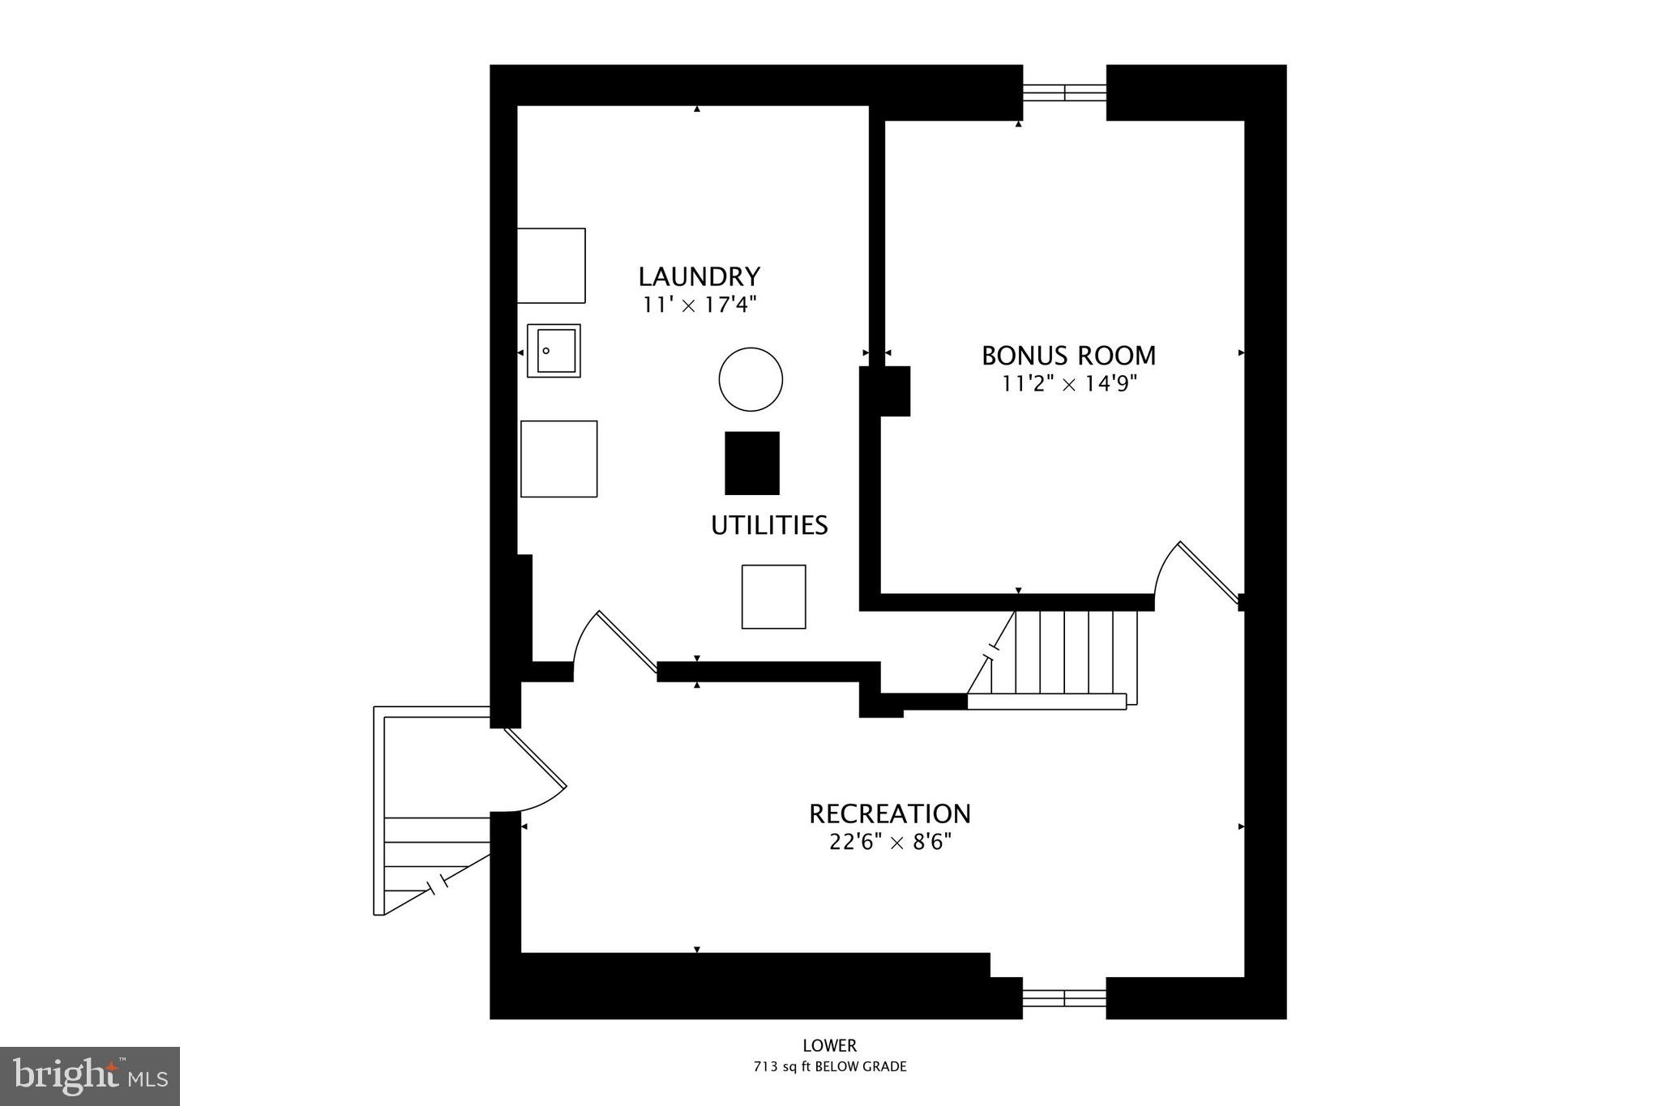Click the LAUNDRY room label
coord(699,277)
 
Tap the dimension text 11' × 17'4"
coord(699,305)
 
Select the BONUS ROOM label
coord(1068,356)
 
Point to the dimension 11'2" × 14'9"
coord(1069,383)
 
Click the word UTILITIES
coord(769,526)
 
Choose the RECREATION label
coord(890,813)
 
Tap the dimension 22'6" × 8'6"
coord(890,843)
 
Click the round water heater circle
coord(751,379)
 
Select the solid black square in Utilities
coord(751,463)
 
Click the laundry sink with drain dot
coord(554,351)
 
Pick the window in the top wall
coord(1064,92)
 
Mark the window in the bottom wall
coord(1064,998)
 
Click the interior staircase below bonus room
coord(1062,658)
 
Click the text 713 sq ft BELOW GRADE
coord(830,1066)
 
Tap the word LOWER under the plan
coord(830,1046)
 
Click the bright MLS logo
coord(90,1076)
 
